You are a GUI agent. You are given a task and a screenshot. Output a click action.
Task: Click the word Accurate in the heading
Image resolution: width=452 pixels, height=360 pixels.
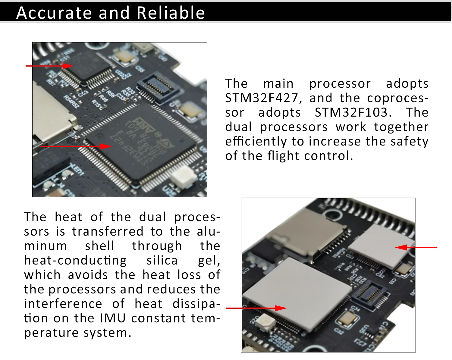pyautogui.click(x=54, y=13)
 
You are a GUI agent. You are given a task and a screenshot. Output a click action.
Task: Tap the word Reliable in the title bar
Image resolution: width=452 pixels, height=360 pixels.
pyautogui.click(x=171, y=13)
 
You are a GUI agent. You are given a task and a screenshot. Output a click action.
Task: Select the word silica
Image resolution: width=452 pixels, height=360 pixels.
pyautogui.click(x=162, y=261)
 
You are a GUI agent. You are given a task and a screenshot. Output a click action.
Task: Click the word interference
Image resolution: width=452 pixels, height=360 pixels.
pyautogui.click(x=63, y=304)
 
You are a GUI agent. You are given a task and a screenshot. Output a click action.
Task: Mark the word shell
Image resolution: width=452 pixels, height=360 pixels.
pyautogui.click(x=99, y=246)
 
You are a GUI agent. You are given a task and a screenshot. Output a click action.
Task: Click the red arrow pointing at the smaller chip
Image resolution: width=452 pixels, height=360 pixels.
pyautogui.click(x=50, y=66)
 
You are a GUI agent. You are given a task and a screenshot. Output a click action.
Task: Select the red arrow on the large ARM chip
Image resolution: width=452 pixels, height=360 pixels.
pyautogui.click(x=75, y=146)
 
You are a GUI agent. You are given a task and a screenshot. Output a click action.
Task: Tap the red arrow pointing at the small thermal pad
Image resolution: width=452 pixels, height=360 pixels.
pyautogui.click(x=416, y=248)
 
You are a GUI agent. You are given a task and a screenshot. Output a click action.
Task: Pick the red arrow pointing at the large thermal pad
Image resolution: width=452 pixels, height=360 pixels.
pyautogui.click(x=256, y=308)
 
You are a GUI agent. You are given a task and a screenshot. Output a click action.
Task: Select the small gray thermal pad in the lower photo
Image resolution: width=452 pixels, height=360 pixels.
pyautogui.click(x=381, y=246)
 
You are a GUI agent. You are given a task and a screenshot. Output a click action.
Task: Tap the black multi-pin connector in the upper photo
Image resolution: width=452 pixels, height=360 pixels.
pyautogui.click(x=158, y=86)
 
